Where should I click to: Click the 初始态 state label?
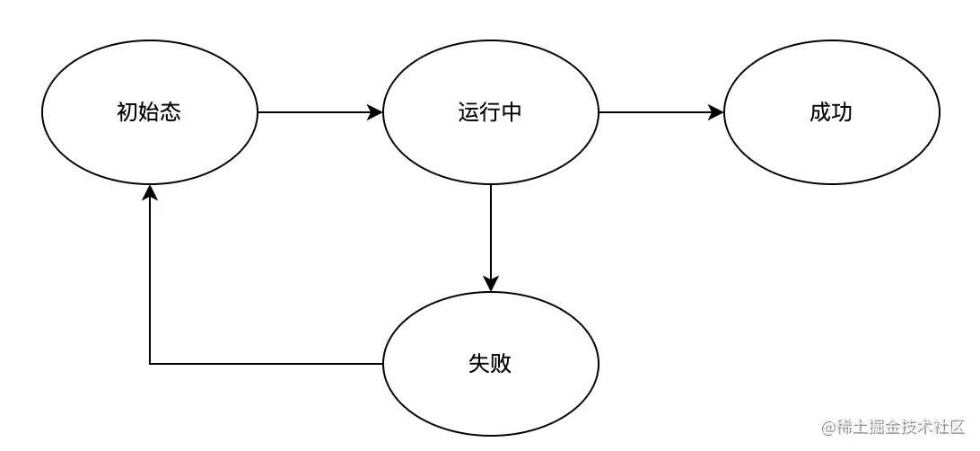coord(149,113)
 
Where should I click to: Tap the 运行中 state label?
coord(490,113)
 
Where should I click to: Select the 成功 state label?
coord(831,113)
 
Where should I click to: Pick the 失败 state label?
coord(490,364)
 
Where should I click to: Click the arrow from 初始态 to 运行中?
coord(314,112)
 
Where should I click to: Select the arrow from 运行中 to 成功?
coord(655,112)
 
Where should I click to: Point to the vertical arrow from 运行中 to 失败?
coord(491,234)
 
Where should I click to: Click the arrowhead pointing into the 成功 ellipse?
coord(716,112)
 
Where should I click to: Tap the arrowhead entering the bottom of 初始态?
coord(150,192)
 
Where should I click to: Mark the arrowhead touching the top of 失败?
coord(491,284)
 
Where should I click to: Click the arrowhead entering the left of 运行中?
coord(375,112)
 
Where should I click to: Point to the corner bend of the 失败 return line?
coord(150,364)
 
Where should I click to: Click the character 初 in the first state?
coord(127,113)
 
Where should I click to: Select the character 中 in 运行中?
coord(512,113)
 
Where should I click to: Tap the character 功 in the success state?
coord(842,113)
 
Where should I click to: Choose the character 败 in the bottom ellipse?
coord(501,364)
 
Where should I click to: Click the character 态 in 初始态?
coord(171,113)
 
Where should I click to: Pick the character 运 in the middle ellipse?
coord(468,113)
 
